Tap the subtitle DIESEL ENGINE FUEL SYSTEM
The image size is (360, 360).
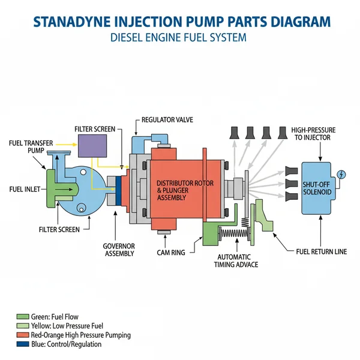click(179, 38)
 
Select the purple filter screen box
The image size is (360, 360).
click(93, 147)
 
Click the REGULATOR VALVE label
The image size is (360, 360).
click(168, 120)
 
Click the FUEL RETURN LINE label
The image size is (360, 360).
click(322, 251)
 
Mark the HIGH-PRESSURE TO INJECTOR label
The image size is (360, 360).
click(313, 133)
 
